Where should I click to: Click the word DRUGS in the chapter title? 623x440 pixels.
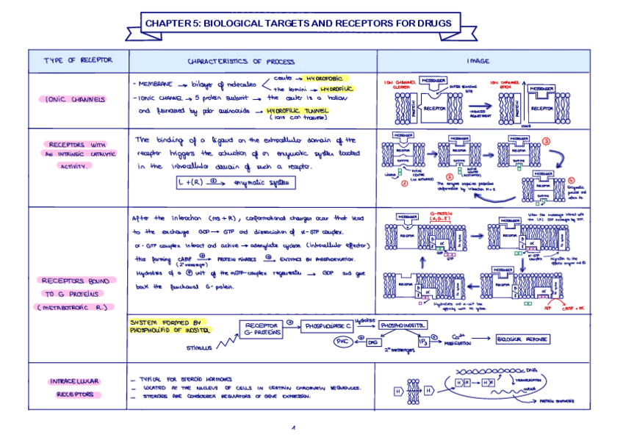tap(433, 24)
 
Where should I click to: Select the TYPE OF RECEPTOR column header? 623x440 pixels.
tap(78, 60)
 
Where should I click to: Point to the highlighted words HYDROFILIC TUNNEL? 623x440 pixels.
tap(297, 111)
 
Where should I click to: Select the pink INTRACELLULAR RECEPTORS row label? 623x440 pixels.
tap(74, 388)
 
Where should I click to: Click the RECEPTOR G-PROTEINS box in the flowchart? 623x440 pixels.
tap(261, 329)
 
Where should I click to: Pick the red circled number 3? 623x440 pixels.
tap(546, 141)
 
